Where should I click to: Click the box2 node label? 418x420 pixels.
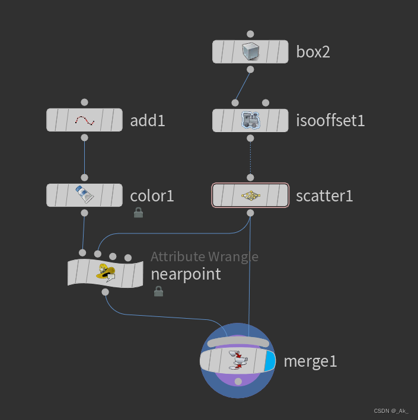(313, 52)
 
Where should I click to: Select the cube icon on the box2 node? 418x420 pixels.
(250, 52)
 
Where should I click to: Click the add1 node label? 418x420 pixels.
(148, 121)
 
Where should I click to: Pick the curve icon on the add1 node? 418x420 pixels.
(84, 121)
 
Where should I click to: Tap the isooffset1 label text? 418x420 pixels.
(330, 121)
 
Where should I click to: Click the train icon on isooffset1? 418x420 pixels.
(250, 120)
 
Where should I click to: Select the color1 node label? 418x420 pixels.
(152, 195)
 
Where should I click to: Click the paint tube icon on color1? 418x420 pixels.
(84, 195)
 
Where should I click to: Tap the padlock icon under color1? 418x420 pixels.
(138, 212)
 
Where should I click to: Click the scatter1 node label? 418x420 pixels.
(324, 195)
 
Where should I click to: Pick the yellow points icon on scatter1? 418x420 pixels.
(250, 195)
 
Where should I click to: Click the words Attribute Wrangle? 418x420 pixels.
(204, 257)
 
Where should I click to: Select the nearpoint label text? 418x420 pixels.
(186, 274)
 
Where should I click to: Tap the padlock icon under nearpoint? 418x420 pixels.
(158, 291)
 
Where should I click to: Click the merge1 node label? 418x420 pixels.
(310, 361)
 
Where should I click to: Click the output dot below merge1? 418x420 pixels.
(238, 381)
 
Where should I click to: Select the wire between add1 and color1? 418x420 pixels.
(84, 157)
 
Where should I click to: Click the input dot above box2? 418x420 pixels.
(250, 34)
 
